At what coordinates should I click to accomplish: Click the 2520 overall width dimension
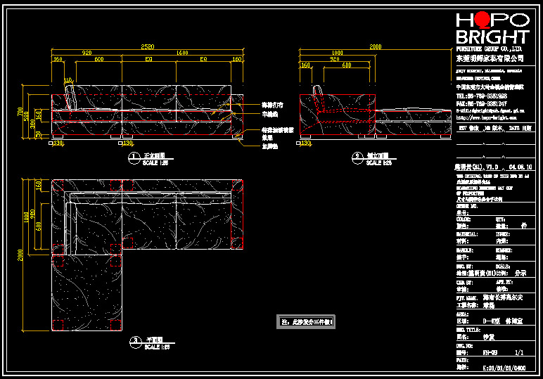pos(146,46)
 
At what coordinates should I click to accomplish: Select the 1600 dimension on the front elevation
pos(183,53)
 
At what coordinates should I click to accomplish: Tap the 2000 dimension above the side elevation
pos(376,46)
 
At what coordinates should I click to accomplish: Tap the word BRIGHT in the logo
pos(492,37)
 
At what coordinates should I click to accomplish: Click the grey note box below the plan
pos(307,322)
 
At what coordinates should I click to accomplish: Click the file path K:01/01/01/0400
pos(504,367)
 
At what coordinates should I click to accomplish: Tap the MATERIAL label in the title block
pos(467,233)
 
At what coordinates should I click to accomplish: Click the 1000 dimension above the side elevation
pos(338,53)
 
